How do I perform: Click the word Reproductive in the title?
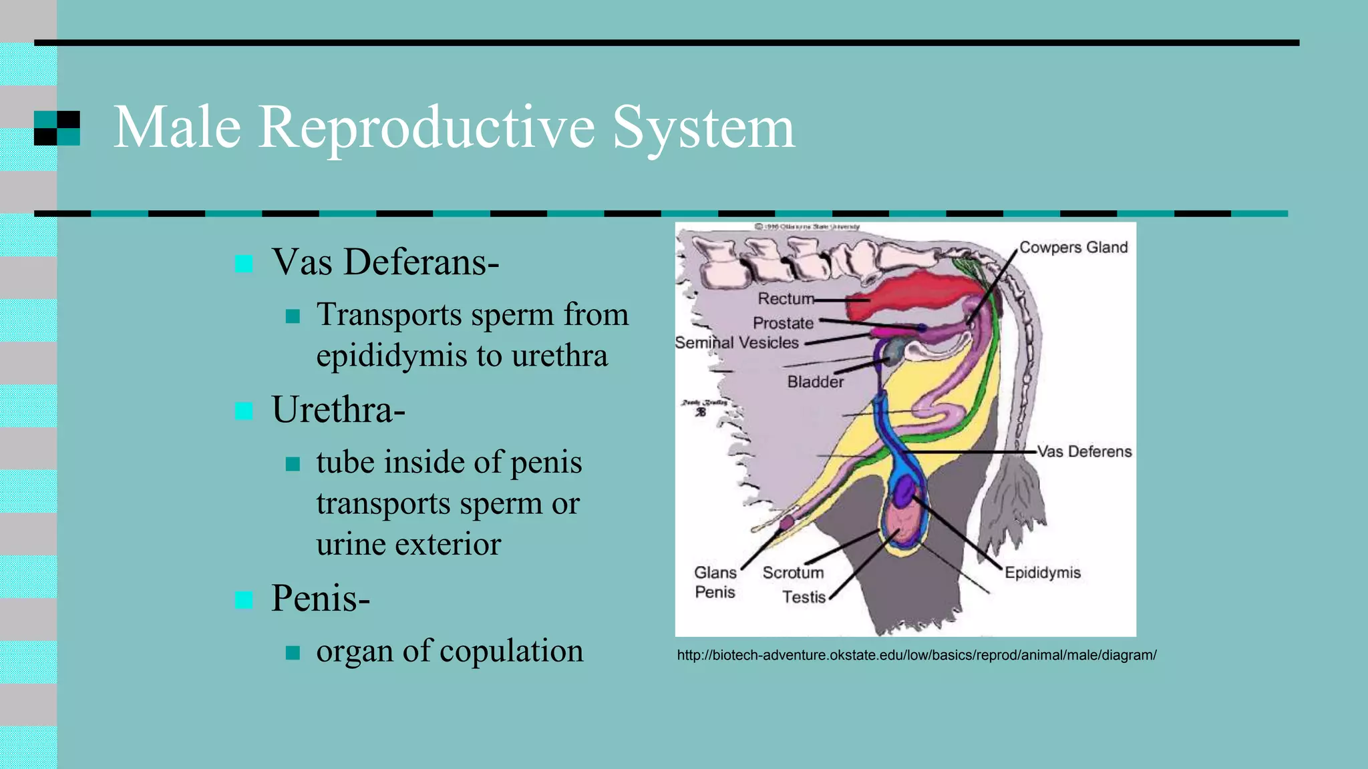pyautogui.click(x=426, y=128)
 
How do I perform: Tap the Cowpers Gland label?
pyautogui.click(x=1073, y=248)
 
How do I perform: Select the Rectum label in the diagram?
pyautogui.click(x=786, y=298)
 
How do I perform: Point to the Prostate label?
pyautogui.click(x=783, y=323)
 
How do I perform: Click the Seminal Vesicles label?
pyautogui.click(x=737, y=343)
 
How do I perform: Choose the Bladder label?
pyautogui.click(x=815, y=382)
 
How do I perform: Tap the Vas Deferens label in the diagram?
pyautogui.click(x=1084, y=452)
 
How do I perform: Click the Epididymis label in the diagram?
pyautogui.click(x=1042, y=573)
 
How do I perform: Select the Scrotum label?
pyautogui.click(x=793, y=573)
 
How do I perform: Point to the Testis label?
pyautogui.click(x=804, y=597)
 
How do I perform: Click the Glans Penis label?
pyautogui.click(x=715, y=582)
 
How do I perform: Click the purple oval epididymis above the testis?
pyautogui.click(x=905, y=492)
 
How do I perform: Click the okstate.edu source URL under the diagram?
pyautogui.click(x=916, y=655)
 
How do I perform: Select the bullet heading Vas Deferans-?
pyautogui.click(x=385, y=262)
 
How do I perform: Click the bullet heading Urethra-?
pyautogui.click(x=338, y=410)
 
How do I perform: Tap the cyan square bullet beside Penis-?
pyautogui.click(x=244, y=599)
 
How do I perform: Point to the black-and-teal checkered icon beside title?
pyautogui.click(x=57, y=128)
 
